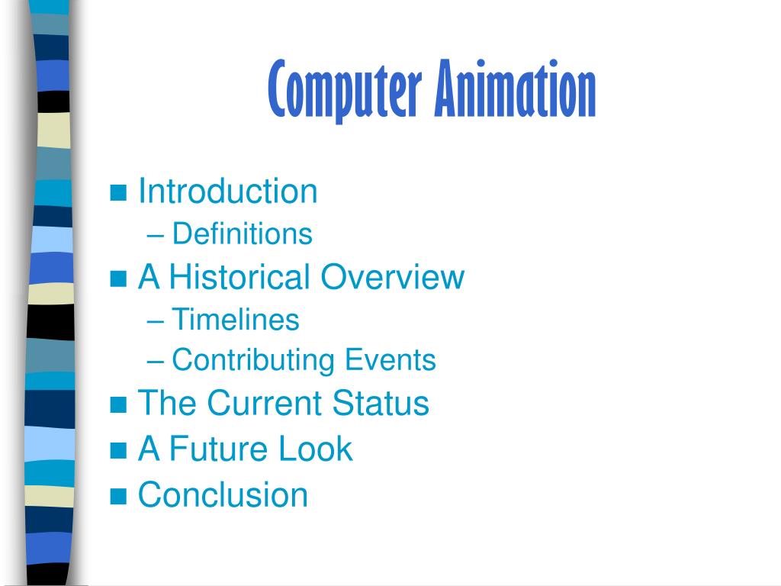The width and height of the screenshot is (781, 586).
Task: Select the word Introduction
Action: pyautogui.click(x=227, y=191)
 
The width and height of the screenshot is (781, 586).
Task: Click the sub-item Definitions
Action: pyautogui.click(x=242, y=233)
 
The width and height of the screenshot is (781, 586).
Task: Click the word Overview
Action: pyautogui.click(x=392, y=276)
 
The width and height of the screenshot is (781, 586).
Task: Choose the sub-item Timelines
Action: pyautogui.click(x=235, y=319)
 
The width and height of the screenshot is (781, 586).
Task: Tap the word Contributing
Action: pyautogui.click(x=253, y=360)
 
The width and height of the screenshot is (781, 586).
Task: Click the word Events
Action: pyautogui.click(x=391, y=359)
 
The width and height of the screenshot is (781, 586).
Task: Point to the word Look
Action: pyautogui.click(x=315, y=449)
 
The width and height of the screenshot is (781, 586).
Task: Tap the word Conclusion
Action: pyautogui.click(x=223, y=494)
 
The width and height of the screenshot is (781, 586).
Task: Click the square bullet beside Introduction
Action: pyautogui.click(x=118, y=193)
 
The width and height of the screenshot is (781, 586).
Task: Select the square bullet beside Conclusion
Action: pyautogui.click(x=118, y=497)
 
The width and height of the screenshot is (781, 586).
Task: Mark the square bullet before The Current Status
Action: pyautogui.click(x=118, y=405)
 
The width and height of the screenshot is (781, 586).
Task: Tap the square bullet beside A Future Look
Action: pyautogui.click(x=118, y=451)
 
